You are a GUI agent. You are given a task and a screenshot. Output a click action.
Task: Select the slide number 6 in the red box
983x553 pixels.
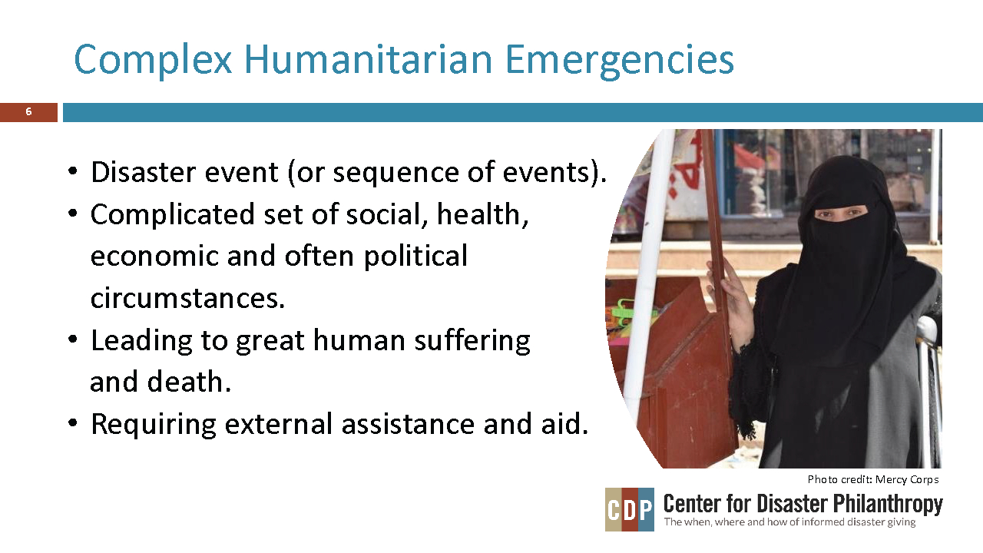(28, 112)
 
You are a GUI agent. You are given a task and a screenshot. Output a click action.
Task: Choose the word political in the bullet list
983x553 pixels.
(415, 257)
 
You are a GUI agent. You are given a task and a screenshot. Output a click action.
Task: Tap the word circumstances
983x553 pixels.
(187, 298)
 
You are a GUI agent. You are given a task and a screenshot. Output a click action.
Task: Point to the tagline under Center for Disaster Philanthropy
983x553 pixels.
(789, 523)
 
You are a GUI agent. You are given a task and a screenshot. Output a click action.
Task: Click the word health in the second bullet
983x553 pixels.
(482, 215)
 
